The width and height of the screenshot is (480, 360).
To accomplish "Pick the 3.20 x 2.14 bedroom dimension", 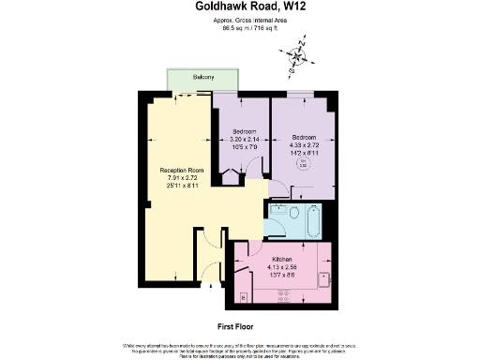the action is coord(242,138).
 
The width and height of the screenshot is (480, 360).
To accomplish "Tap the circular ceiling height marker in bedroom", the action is coord(303,163).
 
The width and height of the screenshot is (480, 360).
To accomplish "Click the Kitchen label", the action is coord(282,258).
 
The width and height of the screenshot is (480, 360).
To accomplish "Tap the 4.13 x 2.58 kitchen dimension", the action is coord(282,265).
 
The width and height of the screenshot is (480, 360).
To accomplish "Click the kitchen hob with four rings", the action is coord(282,295).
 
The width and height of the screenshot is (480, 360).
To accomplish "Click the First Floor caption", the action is coord(238,325).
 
